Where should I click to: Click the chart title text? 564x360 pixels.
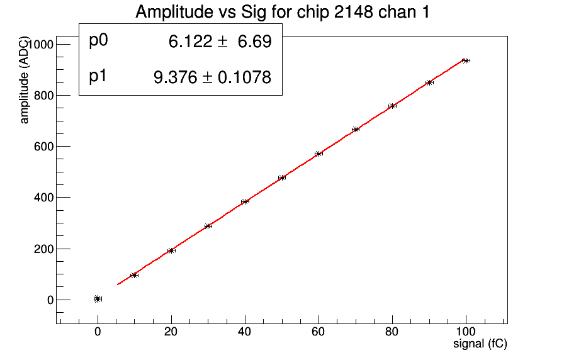(283, 12)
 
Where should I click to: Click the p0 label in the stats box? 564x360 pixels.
(99, 41)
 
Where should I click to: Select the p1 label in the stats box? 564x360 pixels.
(98, 76)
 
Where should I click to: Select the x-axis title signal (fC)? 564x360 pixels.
(480, 344)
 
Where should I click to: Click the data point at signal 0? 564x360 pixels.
(98, 299)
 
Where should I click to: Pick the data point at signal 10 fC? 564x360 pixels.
(134, 275)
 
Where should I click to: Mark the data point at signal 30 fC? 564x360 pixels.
(208, 226)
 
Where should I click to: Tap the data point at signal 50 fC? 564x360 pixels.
(282, 177)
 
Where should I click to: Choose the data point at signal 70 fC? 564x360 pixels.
(356, 129)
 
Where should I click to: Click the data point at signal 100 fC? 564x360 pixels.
(466, 60)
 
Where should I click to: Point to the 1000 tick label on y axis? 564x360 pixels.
(40, 45)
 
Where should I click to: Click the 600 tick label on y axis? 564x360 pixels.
(42, 147)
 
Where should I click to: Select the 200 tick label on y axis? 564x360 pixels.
(42, 249)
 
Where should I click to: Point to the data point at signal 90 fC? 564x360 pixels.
(429, 82)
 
